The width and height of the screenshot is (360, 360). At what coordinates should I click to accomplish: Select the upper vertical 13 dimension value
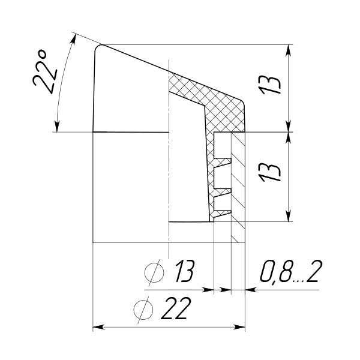click(x=271, y=85)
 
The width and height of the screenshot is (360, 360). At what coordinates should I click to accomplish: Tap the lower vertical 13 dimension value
click(x=270, y=172)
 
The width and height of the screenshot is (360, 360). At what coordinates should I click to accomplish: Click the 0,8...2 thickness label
click(x=291, y=271)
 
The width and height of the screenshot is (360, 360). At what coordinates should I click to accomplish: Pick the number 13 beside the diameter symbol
click(x=185, y=271)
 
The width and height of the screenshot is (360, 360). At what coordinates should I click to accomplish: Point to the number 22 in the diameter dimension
click(x=176, y=308)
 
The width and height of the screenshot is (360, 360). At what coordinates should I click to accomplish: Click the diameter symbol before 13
click(x=154, y=272)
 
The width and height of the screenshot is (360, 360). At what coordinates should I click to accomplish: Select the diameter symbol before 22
click(x=143, y=310)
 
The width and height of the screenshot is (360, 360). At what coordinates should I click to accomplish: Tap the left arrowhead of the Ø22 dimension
click(x=98, y=328)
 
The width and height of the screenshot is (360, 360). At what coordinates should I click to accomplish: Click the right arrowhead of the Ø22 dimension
click(x=239, y=328)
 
